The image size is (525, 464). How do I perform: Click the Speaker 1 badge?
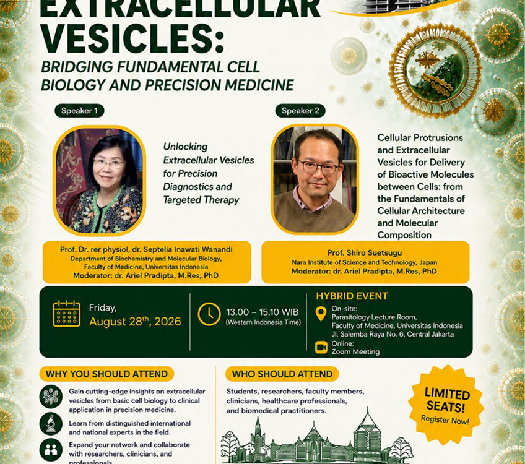(79, 111)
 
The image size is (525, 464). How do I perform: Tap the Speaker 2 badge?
(300, 111)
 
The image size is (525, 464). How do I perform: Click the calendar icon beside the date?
(67, 314)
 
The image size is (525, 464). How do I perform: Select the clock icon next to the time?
(209, 314)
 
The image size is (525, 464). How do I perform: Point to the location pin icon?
(321, 314)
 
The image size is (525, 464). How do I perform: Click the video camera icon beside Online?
(321, 347)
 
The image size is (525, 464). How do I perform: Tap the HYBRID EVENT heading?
(352, 296)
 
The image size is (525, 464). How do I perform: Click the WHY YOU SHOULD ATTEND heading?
(107, 374)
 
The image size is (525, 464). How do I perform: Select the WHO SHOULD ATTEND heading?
(282, 374)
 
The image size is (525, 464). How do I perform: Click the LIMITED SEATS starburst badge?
(446, 405)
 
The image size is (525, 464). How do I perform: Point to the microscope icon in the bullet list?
(51, 424)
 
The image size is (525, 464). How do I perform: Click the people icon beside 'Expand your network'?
(51, 450)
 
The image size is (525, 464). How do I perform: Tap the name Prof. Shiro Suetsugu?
(365, 253)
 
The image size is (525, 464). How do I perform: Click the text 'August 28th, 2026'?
(135, 321)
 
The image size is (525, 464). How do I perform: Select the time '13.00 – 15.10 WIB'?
(262, 312)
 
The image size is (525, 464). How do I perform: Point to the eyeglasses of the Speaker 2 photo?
(318, 168)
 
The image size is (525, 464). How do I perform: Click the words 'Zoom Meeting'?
(355, 351)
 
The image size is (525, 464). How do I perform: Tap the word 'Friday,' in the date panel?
(103, 307)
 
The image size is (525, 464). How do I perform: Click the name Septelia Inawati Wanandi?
(188, 249)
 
